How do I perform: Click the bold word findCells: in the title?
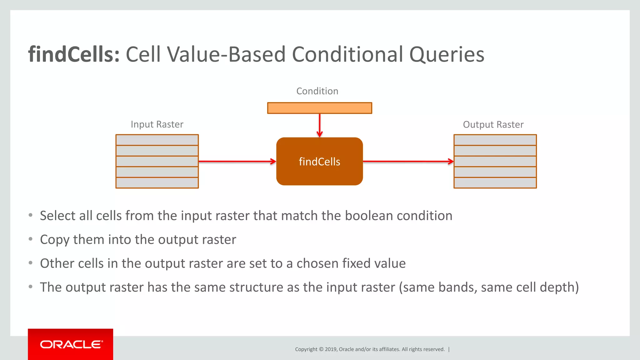74,54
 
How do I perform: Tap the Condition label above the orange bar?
317,91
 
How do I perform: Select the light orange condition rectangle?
319,108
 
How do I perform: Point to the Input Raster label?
157,124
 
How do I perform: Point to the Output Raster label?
493,125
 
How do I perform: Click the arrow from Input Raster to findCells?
237,162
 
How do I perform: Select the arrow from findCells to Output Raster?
408,162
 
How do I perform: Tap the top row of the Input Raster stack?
157,140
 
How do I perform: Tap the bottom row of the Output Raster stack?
495,183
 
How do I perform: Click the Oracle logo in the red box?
71,344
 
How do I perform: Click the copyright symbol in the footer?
321,349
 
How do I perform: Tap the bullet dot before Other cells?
30,263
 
